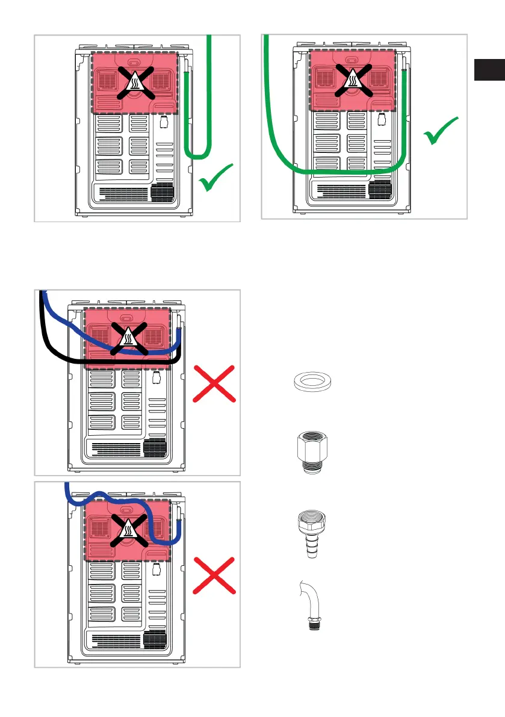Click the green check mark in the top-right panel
click(441, 131)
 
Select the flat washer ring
click(309, 382)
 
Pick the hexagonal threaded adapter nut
click(309, 452)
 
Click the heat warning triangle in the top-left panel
click(134, 82)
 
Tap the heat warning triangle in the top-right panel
click(352, 79)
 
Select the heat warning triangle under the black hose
click(127, 339)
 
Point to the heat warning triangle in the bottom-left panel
click(127, 529)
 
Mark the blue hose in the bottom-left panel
click(150, 518)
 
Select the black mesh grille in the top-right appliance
click(380, 189)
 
